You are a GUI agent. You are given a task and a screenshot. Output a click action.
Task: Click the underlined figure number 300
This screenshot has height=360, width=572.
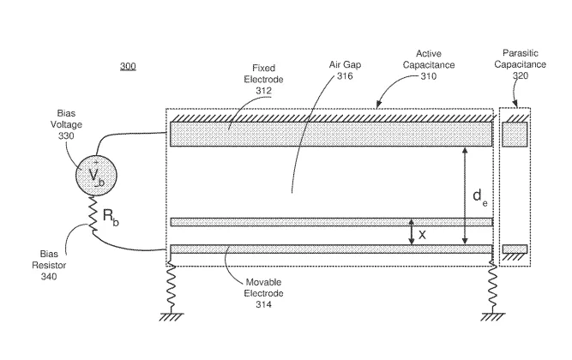pos(128,66)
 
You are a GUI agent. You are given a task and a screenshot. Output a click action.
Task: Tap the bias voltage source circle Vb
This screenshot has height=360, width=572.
pos(96,176)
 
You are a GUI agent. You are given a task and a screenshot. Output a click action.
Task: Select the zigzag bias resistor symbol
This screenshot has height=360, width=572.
pos(93,215)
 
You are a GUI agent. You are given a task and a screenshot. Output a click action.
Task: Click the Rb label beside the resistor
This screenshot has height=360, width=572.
pos(111,218)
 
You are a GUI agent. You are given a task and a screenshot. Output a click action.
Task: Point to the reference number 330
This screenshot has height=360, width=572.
pos(66,135)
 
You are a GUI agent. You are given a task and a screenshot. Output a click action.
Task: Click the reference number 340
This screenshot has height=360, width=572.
pos(49,277)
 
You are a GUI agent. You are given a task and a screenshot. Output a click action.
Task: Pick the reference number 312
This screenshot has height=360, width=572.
pos(263,91)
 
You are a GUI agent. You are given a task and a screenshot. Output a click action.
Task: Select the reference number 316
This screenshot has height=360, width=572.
pos(345,76)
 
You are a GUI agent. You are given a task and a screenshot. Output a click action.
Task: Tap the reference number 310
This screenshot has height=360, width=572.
pos(429,76)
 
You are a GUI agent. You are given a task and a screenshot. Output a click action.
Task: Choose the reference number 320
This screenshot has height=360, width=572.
pos(521,75)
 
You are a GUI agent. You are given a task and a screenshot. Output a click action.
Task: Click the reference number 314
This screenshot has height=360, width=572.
pos(263,304)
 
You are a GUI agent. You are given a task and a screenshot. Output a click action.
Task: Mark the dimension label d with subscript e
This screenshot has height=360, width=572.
pos(479,198)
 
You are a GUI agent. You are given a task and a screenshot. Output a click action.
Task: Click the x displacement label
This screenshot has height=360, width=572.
pos(422,235)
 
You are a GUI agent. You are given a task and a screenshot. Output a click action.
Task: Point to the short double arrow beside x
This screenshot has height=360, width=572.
pos(412,232)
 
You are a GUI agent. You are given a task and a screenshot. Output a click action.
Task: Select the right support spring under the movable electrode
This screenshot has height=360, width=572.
pos(493,288)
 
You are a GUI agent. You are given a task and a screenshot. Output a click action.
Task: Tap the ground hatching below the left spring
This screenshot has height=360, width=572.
pos(172,317)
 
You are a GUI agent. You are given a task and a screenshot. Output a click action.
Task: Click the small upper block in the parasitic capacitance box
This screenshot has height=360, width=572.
pos(515,135)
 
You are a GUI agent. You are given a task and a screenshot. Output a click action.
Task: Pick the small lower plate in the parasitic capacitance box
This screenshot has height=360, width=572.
pos(515,249)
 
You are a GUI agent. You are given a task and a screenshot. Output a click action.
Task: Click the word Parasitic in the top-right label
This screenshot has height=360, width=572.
pos(521,53)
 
